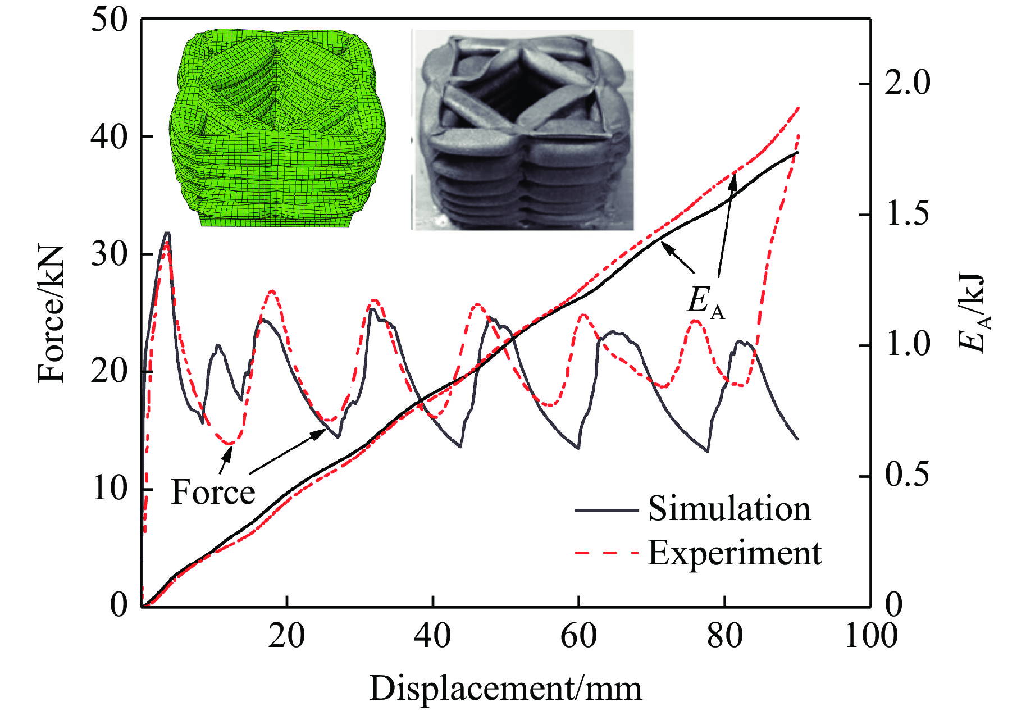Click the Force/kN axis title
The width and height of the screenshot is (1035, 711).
(x=52, y=314)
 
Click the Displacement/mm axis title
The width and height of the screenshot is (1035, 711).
(x=505, y=689)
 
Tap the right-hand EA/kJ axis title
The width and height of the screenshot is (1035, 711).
(x=972, y=314)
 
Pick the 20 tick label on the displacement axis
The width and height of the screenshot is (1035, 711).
(x=286, y=636)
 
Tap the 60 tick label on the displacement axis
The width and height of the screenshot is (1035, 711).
(x=578, y=636)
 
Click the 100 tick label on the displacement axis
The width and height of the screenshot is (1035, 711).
(x=871, y=636)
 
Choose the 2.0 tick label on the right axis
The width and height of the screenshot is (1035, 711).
(x=908, y=83)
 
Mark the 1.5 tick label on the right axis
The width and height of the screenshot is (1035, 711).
(x=908, y=214)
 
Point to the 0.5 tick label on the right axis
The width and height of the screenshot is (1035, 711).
(x=908, y=475)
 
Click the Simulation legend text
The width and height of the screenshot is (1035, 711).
(x=729, y=509)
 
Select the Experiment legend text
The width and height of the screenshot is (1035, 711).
(x=735, y=553)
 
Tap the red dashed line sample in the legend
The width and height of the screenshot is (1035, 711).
(x=607, y=554)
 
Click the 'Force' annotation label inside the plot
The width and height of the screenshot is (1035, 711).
(x=213, y=493)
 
